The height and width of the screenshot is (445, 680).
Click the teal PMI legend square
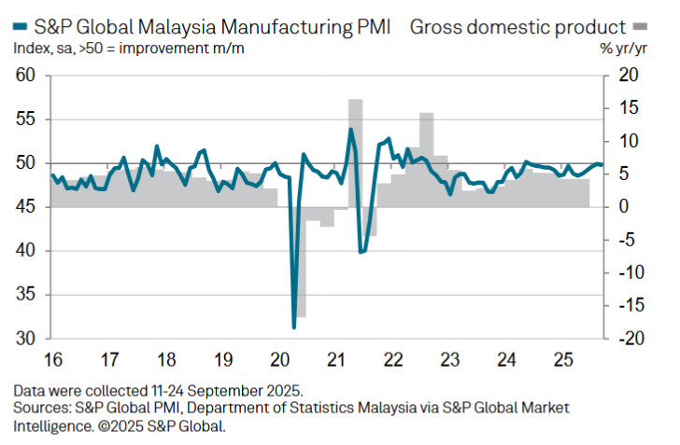[13, 27]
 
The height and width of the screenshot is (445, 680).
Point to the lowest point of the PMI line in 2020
[294, 327]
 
